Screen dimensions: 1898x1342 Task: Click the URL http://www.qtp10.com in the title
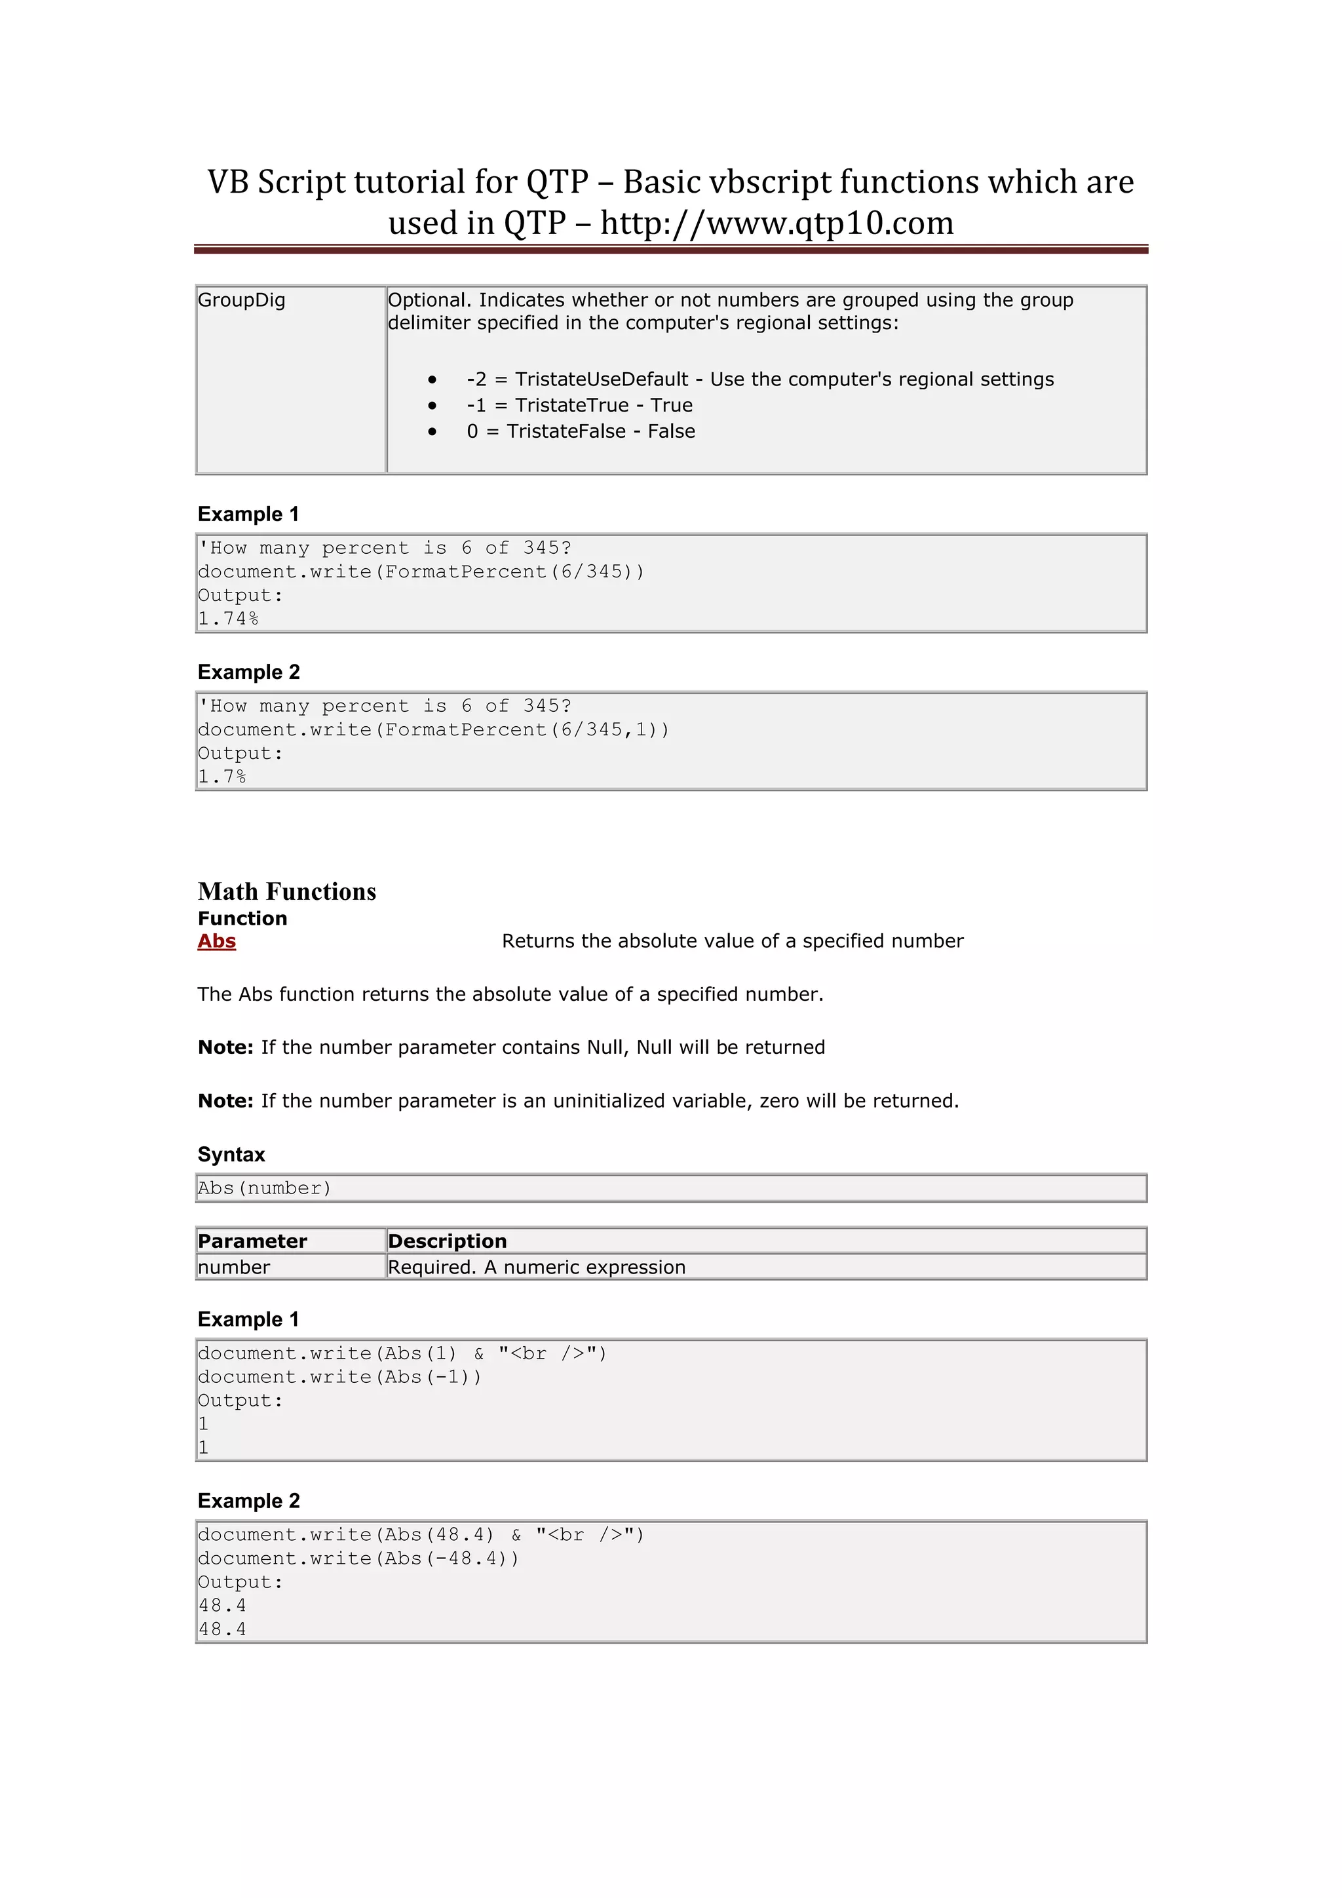(776, 223)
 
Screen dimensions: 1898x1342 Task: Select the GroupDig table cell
(241, 300)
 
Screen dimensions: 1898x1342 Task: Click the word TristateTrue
(572, 405)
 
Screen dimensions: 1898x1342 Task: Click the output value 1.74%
(228, 618)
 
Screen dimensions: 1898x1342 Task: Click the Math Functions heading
(287, 891)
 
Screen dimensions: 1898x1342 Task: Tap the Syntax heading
(231, 1154)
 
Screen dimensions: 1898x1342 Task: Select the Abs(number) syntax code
(265, 1188)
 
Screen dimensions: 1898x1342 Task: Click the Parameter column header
(252, 1241)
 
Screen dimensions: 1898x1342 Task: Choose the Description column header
(447, 1241)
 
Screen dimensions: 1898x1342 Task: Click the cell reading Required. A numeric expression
(536, 1268)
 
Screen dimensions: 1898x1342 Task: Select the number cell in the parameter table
(234, 1268)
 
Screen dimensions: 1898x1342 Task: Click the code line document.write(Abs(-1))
(339, 1376)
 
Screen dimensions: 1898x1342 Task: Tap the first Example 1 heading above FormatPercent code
(248, 514)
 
